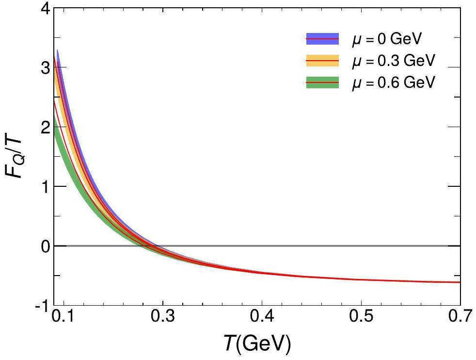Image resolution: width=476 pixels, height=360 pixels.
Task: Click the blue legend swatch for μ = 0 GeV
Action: [322, 38]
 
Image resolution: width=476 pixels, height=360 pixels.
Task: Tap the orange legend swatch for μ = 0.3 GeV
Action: [322, 61]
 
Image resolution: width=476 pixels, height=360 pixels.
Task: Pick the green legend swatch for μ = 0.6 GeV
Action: [322, 83]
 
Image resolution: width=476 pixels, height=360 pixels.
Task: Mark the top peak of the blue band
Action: [57, 50]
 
